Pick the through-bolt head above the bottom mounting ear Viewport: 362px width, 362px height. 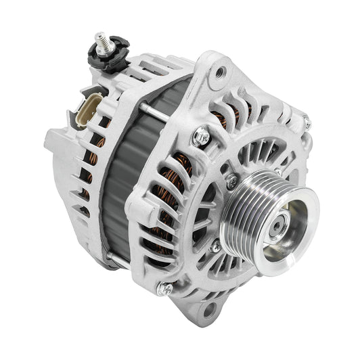pos(164,289)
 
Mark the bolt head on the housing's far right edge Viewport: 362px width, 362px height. pos(306,122)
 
